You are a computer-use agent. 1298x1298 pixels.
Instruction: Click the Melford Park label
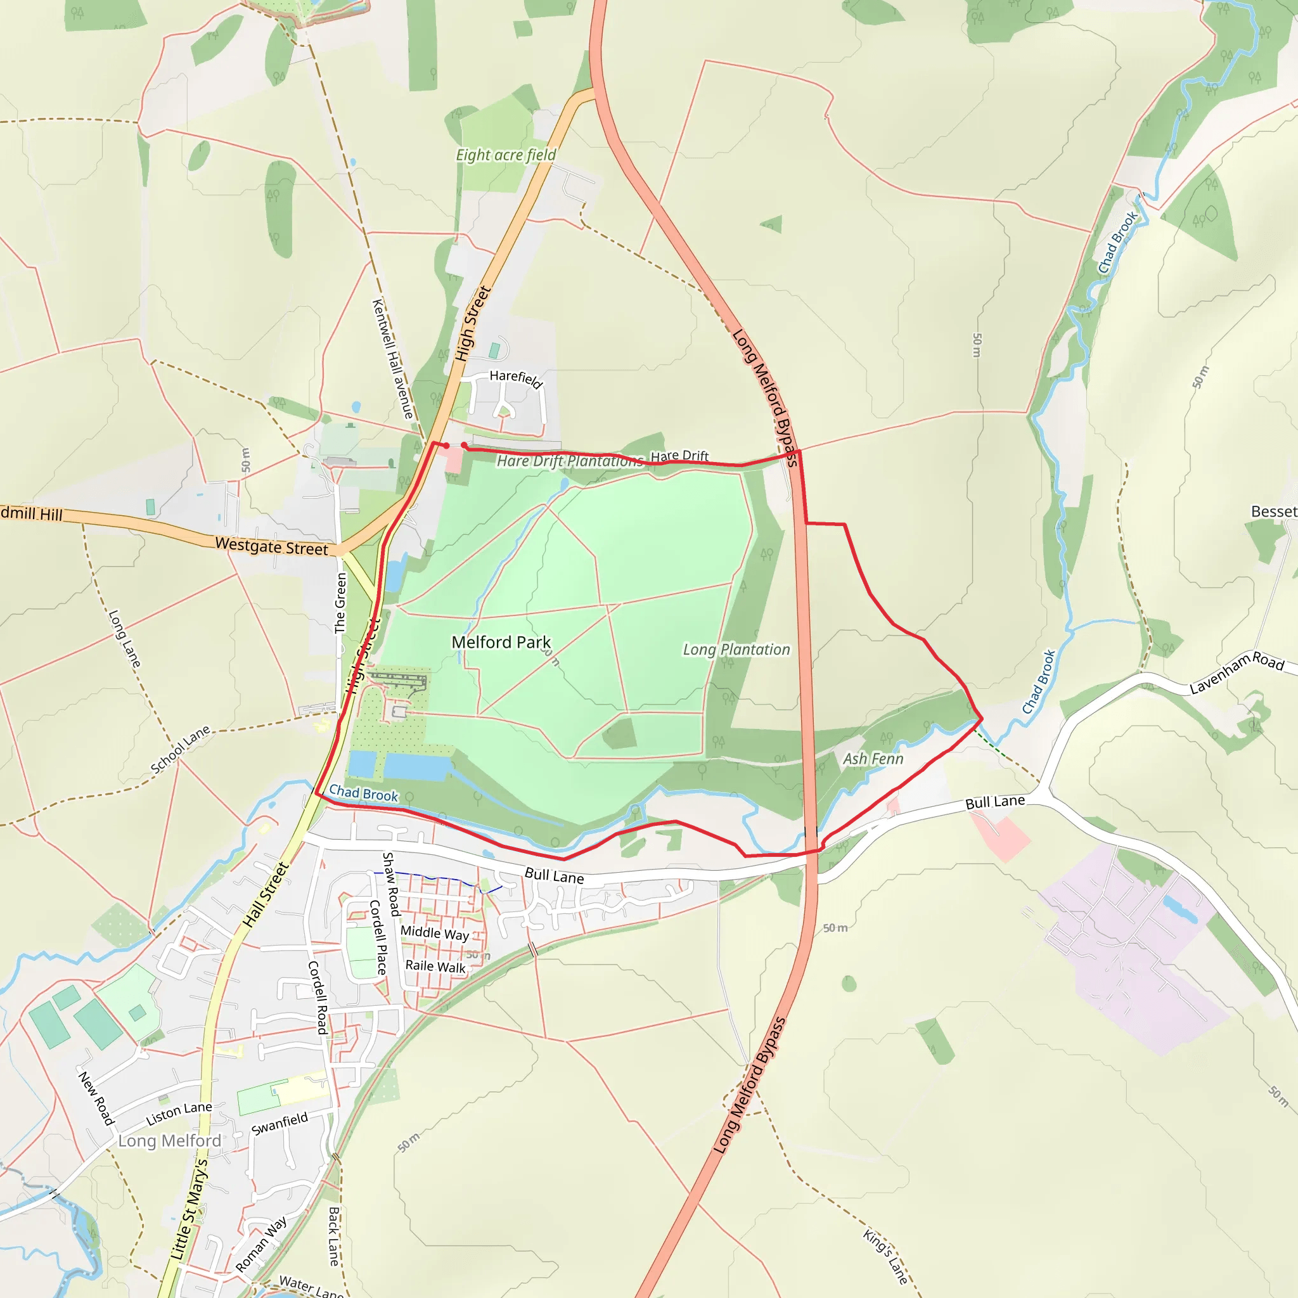pyautogui.click(x=501, y=642)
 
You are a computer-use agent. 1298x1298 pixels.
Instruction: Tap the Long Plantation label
pyautogui.click(x=736, y=650)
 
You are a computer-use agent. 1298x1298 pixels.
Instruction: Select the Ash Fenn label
pyautogui.click(x=873, y=759)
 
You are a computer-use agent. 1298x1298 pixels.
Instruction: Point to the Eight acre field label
pyautogui.click(x=506, y=155)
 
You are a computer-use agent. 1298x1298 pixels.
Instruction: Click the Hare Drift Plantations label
pyautogui.click(x=570, y=461)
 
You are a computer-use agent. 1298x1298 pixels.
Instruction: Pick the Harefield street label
pyautogui.click(x=515, y=379)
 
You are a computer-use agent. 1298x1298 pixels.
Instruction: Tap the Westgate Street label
pyautogui.click(x=271, y=546)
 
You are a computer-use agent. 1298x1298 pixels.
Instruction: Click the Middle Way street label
pyautogui.click(x=435, y=933)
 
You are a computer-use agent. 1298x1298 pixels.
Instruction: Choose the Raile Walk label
pyautogui.click(x=435, y=966)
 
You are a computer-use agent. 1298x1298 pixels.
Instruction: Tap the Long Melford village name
pyautogui.click(x=169, y=1141)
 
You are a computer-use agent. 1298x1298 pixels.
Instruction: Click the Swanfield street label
pyautogui.click(x=280, y=1123)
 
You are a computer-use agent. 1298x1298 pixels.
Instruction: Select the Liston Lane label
pyautogui.click(x=179, y=1114)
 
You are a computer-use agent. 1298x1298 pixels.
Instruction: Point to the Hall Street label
pyautogui.click(x=266, y=894)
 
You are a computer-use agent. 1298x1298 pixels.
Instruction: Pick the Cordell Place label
pyautogui.click(x=378, y=937)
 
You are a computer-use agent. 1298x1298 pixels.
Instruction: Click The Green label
pyautogui.click(x=340, y=603)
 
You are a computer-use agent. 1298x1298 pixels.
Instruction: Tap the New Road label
pyautogui.click(x=96, y=1098)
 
